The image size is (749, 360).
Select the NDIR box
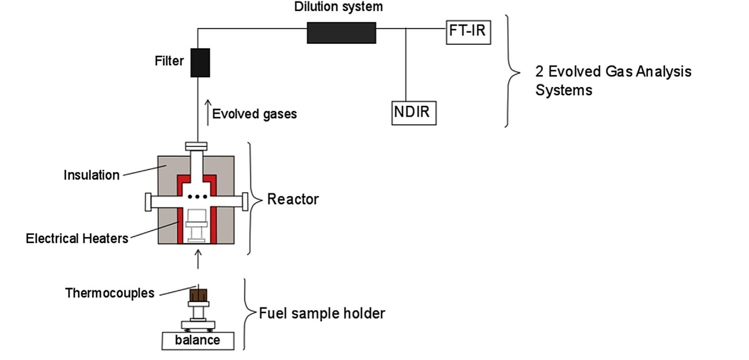click(x=414, y=113)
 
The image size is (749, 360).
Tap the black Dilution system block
click(x=341, y=33)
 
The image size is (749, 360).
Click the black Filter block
click(x=200, y=63)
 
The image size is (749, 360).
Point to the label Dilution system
click(x=338, y=7)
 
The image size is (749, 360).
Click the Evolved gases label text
click(x=254, y=114)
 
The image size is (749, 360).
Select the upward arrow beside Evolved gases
click(x=208, y=113)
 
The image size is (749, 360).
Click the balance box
click(x=197, y=340)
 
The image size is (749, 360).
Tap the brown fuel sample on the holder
click(x=198, y=295)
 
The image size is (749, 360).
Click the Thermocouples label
click(x=109, y=293)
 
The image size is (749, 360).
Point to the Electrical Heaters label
click(x=77, y=239)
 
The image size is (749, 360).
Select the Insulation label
click(x=91, y=175)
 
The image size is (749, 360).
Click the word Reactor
click(x=293, y=199)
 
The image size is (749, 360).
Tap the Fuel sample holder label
click(x=322, y=313)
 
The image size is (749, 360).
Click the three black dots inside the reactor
click(x=197, y=197)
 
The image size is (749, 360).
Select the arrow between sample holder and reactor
click(x=198, y=259)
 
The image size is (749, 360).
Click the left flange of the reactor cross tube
click(x=148, y=202)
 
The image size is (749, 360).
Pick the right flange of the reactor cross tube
click(x=245, y=202)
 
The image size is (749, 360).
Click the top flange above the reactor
click(x=196, y=146)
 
